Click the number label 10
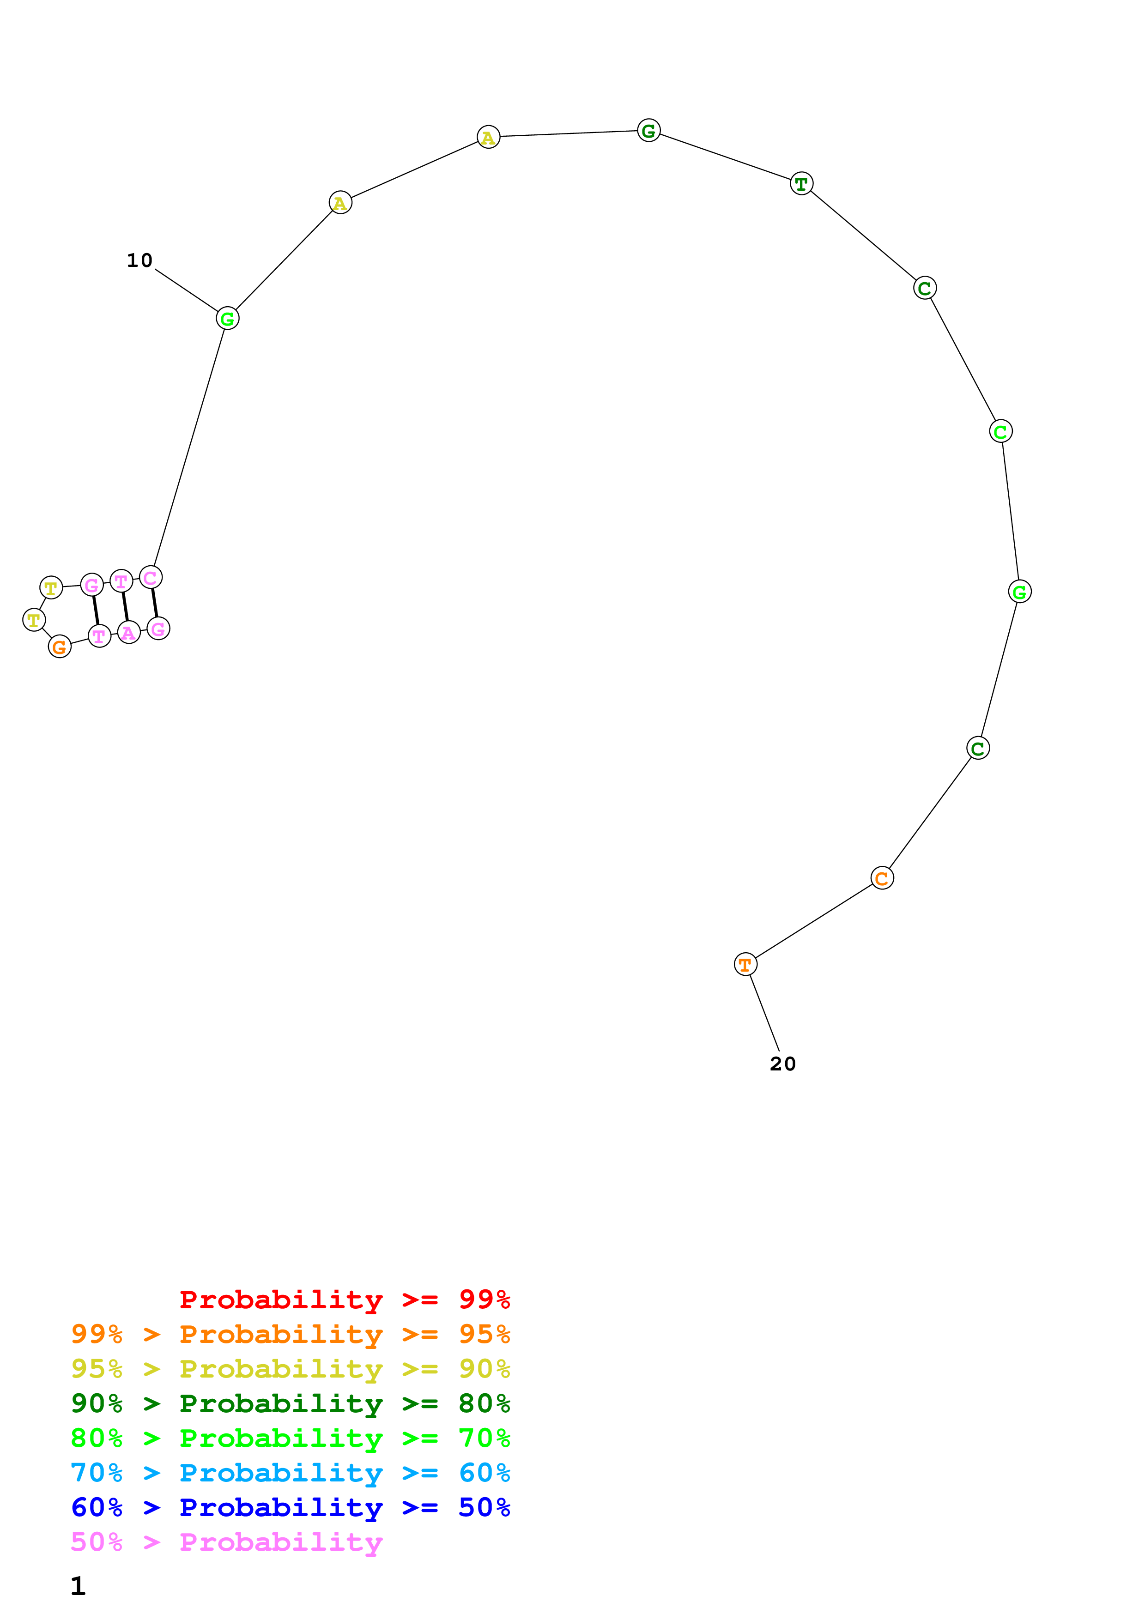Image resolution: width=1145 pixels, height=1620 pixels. click(x=139, y=260)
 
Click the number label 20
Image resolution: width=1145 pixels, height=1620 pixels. click(x=782, y=1064)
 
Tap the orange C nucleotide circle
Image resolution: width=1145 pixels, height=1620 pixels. click(x=882, y=878)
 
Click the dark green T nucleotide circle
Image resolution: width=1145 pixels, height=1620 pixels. click(x=801, y=183)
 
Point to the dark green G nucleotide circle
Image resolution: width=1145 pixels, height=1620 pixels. click(x=648, y=131)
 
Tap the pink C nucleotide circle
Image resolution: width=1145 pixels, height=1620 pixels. click(x=150, y=577)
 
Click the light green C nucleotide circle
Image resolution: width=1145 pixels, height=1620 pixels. click(x=1000, y=431)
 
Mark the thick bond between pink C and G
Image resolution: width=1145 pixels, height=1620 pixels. click(x=155, y=603)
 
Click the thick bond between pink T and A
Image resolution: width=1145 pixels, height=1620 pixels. click(x=125, y=607)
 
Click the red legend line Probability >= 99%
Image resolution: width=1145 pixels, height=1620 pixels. click(x=344, y=1299)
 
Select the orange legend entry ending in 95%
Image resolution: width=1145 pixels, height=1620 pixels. click(x=290, y=1334)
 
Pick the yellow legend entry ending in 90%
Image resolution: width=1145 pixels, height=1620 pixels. click(x=290, y=1369)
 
